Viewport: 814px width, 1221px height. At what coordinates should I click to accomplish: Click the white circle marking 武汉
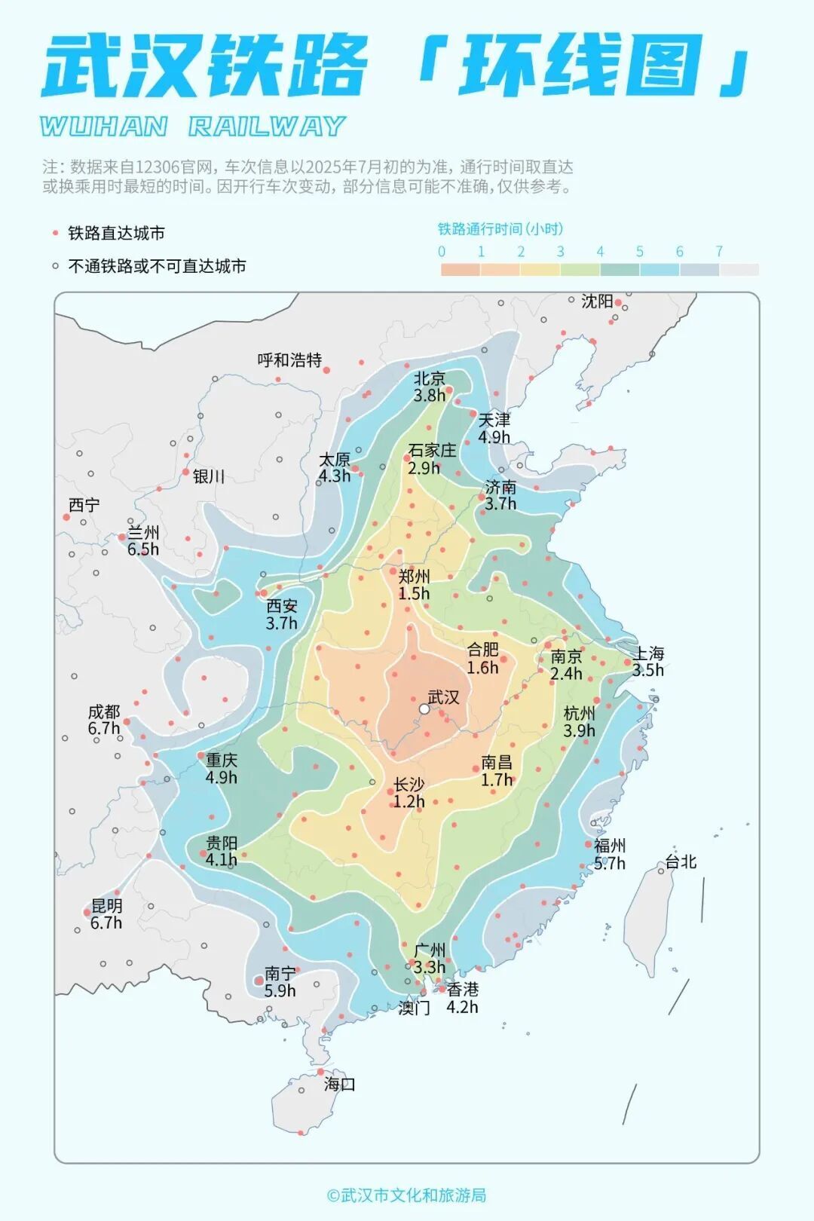coord(424,709)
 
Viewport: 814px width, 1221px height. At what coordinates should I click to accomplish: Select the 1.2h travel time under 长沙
coord(409,802)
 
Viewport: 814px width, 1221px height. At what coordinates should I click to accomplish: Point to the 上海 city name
coord(648,653)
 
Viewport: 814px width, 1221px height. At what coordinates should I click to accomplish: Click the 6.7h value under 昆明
coord(106,923)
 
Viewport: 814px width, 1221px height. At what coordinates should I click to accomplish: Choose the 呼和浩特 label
coord(289,360)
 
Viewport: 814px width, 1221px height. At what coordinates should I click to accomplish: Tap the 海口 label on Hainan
coord(339,1085)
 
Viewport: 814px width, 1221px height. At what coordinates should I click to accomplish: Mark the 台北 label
coord(681,861)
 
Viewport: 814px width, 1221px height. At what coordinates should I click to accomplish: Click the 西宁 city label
coord(84,505)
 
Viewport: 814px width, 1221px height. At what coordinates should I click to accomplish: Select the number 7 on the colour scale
coord(719,252)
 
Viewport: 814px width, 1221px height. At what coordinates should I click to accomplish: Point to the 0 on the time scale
coord(442,252)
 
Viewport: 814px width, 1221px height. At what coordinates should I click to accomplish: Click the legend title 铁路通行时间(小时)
coord(500,229)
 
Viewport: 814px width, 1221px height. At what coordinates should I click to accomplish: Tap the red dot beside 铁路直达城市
coord(55,234)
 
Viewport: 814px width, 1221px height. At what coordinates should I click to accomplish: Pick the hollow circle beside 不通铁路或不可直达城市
coord(55,266)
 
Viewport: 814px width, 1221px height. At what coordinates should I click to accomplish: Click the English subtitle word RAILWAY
coord(267,127)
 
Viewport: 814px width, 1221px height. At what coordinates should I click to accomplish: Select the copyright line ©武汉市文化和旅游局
coord(406,1195)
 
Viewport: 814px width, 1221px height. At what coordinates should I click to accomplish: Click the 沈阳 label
coord(597,301)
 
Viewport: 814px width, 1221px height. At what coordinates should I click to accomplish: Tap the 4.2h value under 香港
coord(462,1007)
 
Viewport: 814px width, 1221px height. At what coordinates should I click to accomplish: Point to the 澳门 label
coord(414,1008)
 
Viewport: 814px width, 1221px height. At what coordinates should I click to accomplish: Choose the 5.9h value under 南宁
coord(280,991)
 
